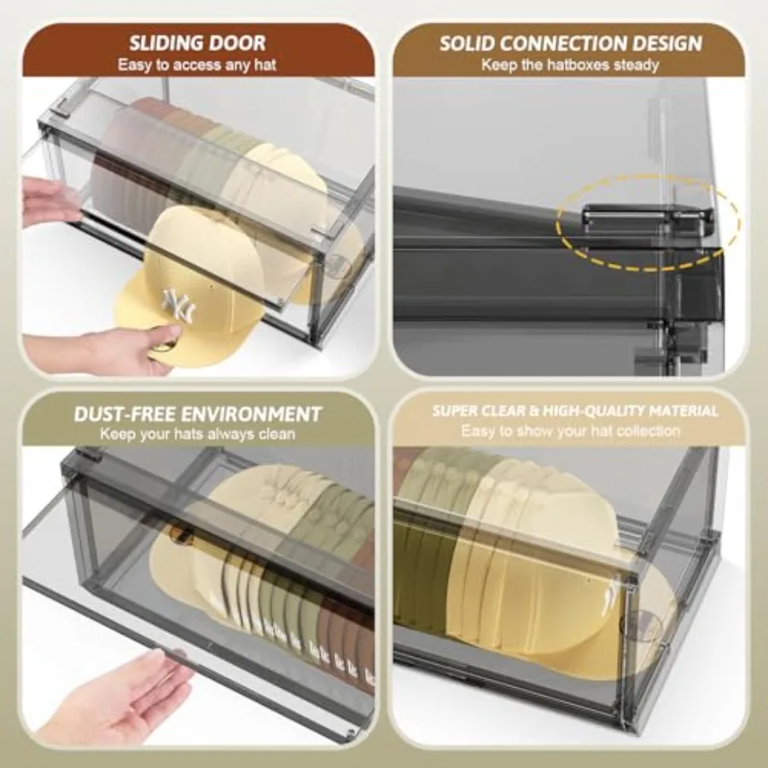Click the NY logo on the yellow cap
(x=178, y=305)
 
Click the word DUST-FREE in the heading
(x=125, y=414)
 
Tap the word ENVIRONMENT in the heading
(x=251, y=414)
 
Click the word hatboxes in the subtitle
(x=579, y=65)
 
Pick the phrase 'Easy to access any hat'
(x=197, y=65)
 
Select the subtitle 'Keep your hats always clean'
(x=198, y=434)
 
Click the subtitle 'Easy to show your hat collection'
(x=571, y=431)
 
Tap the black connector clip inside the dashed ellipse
(x=647, y=217)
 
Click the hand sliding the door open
(x=49, y=201)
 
